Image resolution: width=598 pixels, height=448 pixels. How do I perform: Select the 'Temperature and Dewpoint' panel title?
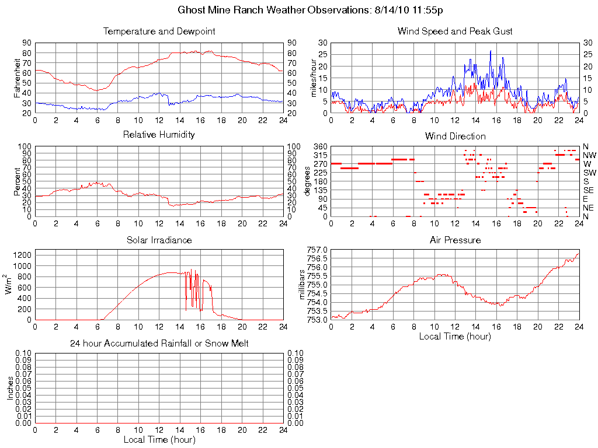tap(159, 31)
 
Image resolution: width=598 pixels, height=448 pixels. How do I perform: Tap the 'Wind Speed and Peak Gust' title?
tap(455, 31)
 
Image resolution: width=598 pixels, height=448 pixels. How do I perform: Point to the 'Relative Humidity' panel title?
tap(159, 135)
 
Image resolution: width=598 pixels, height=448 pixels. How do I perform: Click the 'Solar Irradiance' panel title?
tap(159, 240)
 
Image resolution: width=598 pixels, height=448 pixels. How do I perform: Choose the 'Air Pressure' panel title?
tap(455, 240)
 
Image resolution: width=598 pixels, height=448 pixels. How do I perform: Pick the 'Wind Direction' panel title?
tap(455, 136)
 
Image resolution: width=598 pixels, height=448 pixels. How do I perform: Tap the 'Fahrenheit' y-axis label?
tap(18, 78)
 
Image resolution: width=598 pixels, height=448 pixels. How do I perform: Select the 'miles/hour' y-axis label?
tap(314, 78)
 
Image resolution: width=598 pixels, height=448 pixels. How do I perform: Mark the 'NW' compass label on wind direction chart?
tap(589, 155)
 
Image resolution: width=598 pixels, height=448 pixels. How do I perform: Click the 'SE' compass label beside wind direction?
tap(589, 190)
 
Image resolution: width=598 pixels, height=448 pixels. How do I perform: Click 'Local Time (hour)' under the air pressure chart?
tap(455, 336)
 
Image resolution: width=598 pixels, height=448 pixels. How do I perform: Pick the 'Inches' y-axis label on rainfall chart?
tap(10, 388)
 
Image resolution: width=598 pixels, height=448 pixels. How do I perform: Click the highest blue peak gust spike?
tap(491, 51)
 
